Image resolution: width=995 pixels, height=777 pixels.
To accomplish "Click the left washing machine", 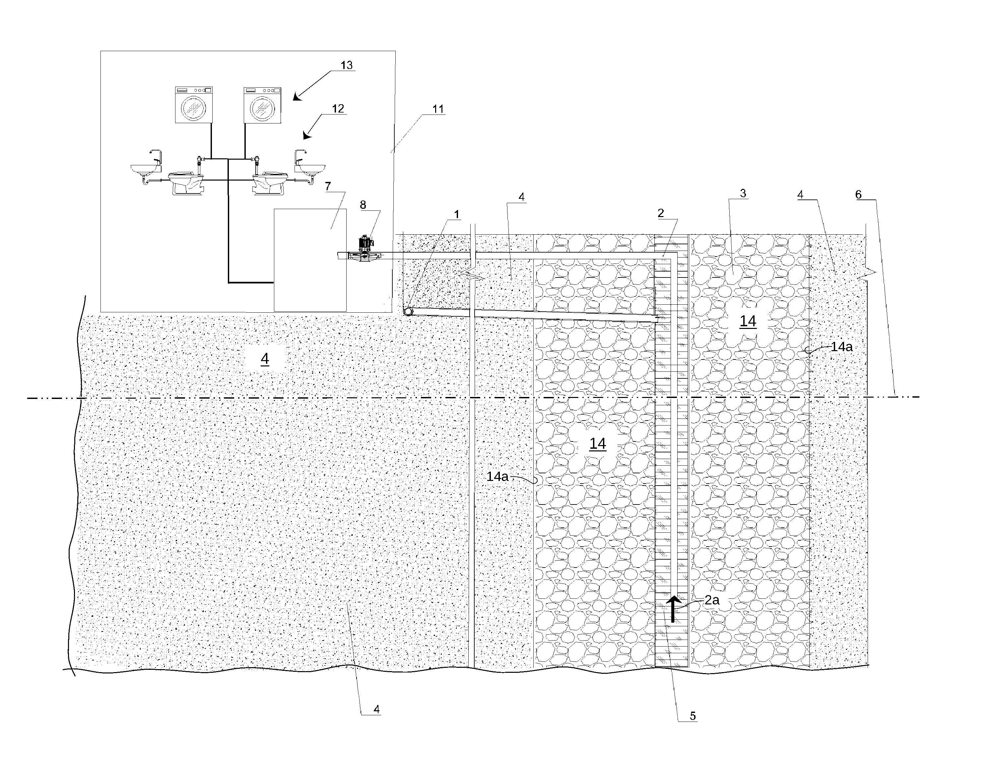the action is click(x=194, y=105).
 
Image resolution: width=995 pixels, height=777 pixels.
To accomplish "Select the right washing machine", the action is click(x=262, y=105).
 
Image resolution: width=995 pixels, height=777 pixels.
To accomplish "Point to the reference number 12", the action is click(x=338, y=109).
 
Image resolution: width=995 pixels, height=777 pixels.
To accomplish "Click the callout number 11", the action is click(x=438, y=109).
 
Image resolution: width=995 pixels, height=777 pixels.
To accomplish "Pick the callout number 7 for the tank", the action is click(x=328, y=186).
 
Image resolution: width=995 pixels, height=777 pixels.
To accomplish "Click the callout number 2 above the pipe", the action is click(x=661, y=213).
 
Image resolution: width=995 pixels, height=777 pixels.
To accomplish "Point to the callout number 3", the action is click(x=743, y=194).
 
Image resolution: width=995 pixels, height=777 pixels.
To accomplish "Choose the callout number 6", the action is click(x=858, y=195).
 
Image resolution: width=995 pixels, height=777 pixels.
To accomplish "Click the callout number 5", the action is click(x=693, y=716).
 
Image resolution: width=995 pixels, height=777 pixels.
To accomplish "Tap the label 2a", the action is click(x=712, y=600).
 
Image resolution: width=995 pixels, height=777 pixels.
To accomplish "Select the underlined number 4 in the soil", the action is click(x=265, y=359).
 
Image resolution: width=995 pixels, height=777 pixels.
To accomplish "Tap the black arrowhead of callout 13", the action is click(x=298, y=96).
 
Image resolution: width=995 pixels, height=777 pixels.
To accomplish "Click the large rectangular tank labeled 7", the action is click(x=310, y=260).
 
